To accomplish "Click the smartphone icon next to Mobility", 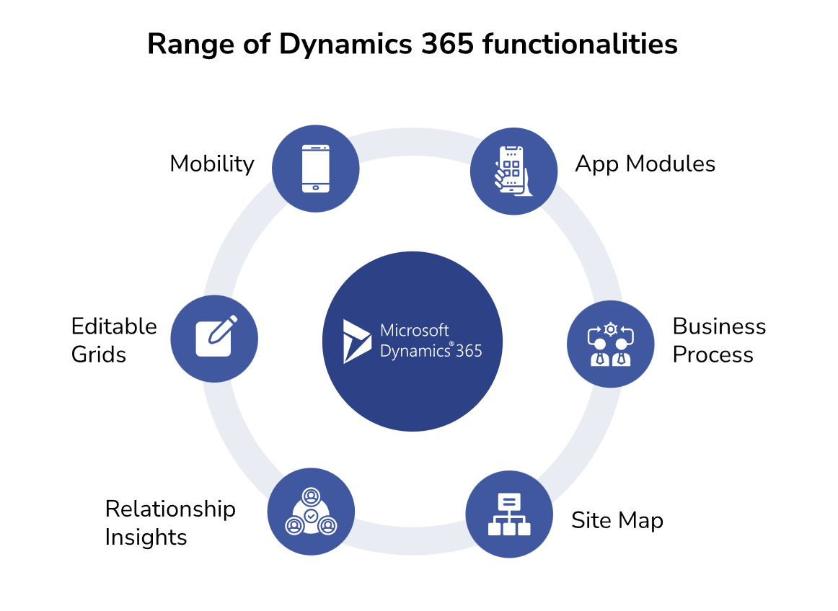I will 316,169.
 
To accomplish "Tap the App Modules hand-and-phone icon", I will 513,171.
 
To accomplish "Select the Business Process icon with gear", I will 611,344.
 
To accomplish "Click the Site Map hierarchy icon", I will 509,514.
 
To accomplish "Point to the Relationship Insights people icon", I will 311,512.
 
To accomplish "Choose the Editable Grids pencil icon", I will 215,337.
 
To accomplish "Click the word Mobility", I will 211,164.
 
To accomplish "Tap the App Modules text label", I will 645,164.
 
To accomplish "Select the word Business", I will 718,326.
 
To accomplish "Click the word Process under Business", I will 713,354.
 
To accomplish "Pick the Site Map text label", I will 617,520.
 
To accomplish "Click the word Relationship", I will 170,509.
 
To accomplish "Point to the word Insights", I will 146,538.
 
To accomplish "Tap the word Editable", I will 114,326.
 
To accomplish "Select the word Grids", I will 99,354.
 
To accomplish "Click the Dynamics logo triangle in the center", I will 356,341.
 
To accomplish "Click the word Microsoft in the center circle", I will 414,331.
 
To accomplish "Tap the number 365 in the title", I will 447,45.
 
